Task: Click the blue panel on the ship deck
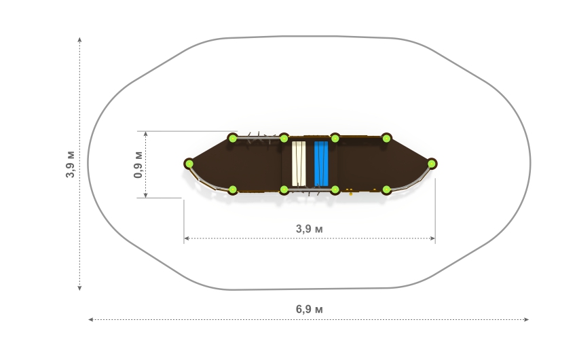click(321, 164)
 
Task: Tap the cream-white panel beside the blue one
click(299, 164)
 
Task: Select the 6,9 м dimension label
click(309, 309)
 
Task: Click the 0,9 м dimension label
click(138, 164)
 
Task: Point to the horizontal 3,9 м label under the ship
click(309, 229)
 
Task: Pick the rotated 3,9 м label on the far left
click(70, 164)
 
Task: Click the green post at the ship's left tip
click(189, 164)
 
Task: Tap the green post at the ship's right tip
click(432, 164)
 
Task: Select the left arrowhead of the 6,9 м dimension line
click(90, 319)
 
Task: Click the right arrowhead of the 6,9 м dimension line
click(527, 319)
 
